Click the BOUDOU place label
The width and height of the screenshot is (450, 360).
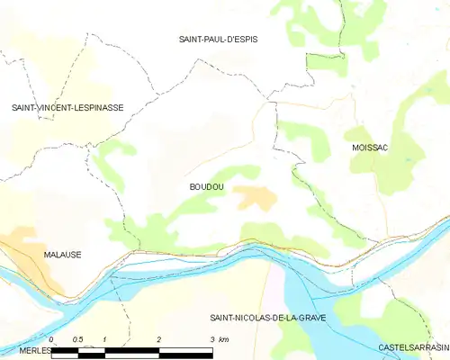click(206, 186)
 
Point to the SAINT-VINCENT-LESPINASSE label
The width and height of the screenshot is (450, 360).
click(67, 107)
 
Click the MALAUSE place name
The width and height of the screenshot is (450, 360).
click(62, 255)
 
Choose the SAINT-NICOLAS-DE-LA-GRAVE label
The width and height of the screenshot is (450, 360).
click(267, 319)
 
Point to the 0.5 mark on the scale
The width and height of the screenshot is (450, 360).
click(78, 339)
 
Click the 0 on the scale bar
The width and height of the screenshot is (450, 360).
click(52, 339)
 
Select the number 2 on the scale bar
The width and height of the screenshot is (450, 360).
click(159, 339)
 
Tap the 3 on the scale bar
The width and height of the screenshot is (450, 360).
click(212, 339)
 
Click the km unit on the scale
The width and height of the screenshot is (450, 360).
click(224, 339)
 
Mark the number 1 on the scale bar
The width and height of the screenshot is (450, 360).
click(105, 339)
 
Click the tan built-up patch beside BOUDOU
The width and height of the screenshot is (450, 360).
click(256, 196)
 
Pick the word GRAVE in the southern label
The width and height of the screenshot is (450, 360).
click(309, 319)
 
